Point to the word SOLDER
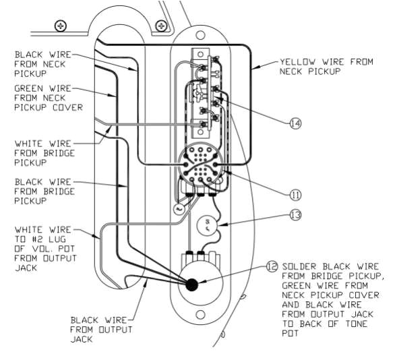299,266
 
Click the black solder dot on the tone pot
191,284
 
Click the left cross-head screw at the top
61,26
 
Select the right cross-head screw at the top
161,26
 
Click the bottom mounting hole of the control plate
199,314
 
